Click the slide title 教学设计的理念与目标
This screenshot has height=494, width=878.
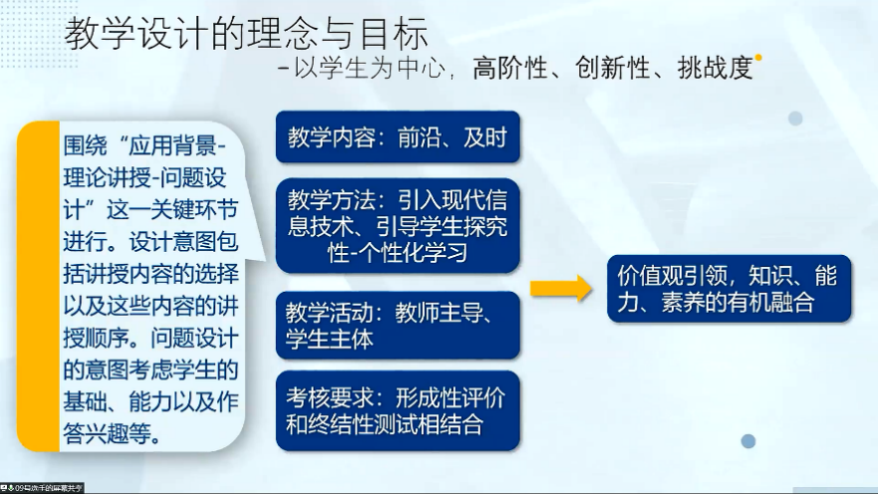pyautogui.click(x=246, y=33)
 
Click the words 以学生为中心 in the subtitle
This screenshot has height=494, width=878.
pyautogui.click(x=370, y=69)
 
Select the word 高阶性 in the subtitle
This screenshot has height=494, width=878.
pyautogui.click(x=509, y=69)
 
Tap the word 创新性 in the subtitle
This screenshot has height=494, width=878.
pyautogui.click(x=612, y=69)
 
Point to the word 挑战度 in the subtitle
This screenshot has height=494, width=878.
pyautogui.click(x=715, y=69)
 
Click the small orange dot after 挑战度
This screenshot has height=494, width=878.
pyautogui.click(x=758, y=57)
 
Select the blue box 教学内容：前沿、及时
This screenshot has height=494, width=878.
pyautogui.click(x=398, y=137)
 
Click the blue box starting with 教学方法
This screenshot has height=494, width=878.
pyautogui.click(x=398, y=225)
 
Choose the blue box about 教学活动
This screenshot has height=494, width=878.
pyautogui.click(x=398, y=325)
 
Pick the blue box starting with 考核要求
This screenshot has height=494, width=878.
pyautogui.click(x=398, y=410)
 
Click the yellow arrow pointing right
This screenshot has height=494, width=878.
pyautogui.click(x=561, y=288)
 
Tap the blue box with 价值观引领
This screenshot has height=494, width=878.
pyautogui.click(x=730, y=289)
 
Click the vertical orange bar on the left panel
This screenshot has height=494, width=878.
pyautogui.click(x=38, y=287)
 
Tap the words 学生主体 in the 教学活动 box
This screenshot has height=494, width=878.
pyautogui.click(x=329, y=339)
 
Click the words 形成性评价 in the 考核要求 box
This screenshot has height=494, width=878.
pyautogui.click(x=450, y=398)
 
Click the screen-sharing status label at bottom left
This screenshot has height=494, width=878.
pyautogui.click(x=42, y=488)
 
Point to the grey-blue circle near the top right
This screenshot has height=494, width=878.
pyautogui.click(x=795, y=119)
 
